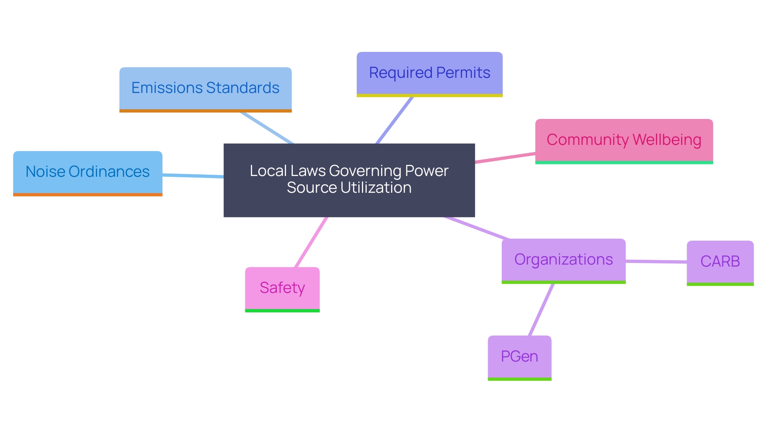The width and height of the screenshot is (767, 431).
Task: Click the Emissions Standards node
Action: (x=205, y=89)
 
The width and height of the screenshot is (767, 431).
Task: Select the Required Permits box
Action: (x=429, y=73)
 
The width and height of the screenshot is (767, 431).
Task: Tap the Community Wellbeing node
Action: (x=624, y=140)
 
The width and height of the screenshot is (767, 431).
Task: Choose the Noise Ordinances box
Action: (x=87, y=172)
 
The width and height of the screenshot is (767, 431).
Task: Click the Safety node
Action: (x=282, y=288)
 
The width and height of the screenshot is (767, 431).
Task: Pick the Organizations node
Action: (x=563, y=260)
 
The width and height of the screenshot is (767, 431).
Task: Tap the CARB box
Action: (x=720, y=262)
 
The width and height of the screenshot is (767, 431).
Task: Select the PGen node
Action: (x=519, y=356)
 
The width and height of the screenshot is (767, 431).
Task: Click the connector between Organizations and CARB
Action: (x=656, y=262)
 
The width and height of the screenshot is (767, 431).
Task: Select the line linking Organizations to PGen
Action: (x=541, y=310)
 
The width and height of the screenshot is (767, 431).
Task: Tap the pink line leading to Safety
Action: (x=311, y=242)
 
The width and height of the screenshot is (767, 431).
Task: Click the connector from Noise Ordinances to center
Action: (x=193, y=176)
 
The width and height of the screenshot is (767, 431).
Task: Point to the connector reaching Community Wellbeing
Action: (x=505, y=158)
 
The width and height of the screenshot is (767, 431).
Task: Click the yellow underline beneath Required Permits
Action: (x=429, y=95)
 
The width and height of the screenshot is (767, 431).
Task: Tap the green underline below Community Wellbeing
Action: (x=624, y=162)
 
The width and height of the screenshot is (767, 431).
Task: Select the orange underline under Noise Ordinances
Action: (x=87, y=195)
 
